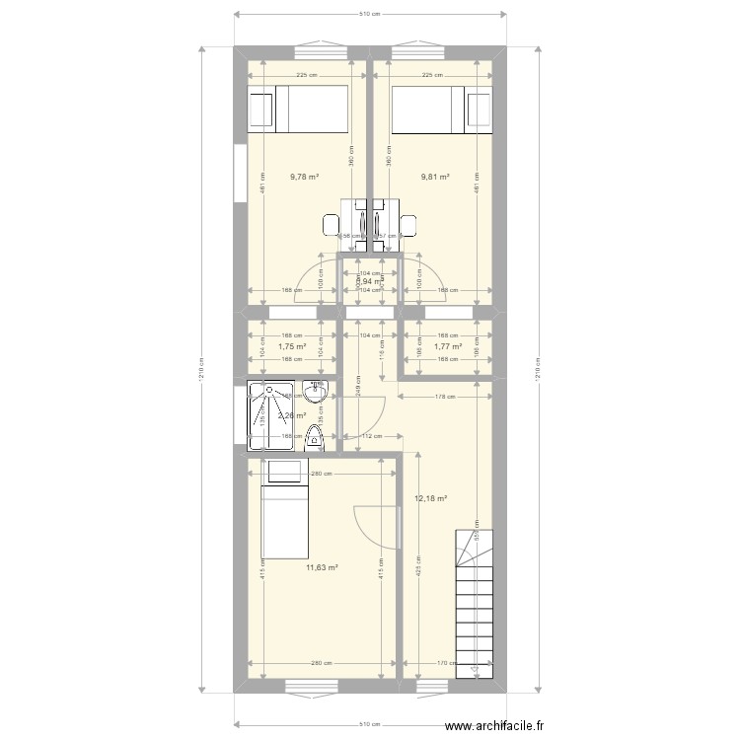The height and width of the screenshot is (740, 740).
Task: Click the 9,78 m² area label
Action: click(304, 178)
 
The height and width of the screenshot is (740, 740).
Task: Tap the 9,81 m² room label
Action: click(435, 178)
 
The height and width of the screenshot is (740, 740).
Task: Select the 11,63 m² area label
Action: click(322, 567)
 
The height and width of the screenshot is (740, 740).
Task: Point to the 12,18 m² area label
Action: click(432, 499)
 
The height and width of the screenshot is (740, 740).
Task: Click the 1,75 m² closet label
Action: click(291, 346)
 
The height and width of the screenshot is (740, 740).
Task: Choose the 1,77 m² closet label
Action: click(448, 346)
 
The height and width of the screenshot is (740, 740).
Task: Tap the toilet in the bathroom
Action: click(315, 438)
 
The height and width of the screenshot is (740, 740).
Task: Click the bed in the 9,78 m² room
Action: click(297, 109)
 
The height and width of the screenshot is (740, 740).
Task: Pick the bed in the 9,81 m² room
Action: click(442, 109)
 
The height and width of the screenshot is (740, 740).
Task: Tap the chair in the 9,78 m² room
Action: click(332, 225)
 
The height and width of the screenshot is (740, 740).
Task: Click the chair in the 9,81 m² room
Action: click(407, 225)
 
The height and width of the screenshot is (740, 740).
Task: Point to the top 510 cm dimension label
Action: click(369, 15)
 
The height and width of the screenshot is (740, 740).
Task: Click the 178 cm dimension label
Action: click(445, 398)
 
